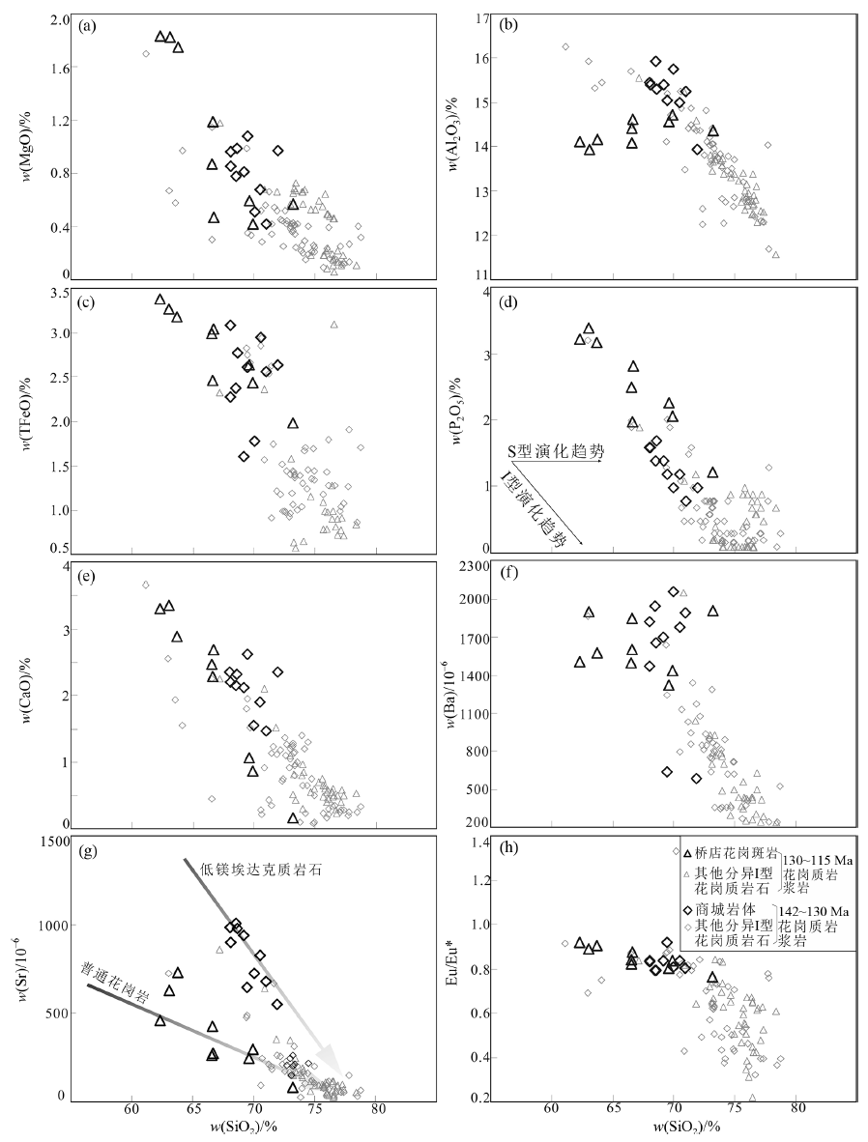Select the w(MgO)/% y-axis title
20,145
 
